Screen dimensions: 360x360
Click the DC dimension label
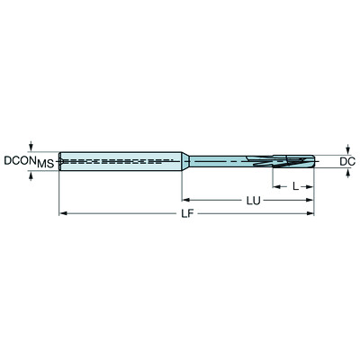click(346, 161)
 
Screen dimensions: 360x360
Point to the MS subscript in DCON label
click(44, 164)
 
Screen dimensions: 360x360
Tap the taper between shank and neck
click(187, 160)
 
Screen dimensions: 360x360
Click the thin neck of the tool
click(225, 160)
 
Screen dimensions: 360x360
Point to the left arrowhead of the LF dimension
click(63, 214)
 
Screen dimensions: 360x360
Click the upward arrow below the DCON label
click(32, 175)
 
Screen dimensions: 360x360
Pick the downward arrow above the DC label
click(346, 148)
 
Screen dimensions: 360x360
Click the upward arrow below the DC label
click(346, 174)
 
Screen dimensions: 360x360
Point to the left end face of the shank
click(59, 160)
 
